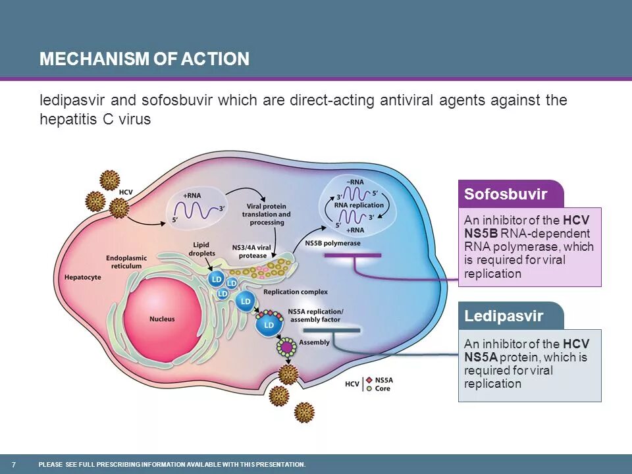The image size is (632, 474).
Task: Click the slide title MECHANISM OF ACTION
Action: [144, 59]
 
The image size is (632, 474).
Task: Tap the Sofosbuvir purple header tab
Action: [506, 194]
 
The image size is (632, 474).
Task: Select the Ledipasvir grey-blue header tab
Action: [504, 316]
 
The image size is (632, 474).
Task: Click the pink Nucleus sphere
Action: [161, 318]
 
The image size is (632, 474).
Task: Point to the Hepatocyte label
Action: [82, 277]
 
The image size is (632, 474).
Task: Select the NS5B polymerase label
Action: [332, 243]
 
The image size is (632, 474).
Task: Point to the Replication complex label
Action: [295, 292]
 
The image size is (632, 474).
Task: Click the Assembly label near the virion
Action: [314, 342]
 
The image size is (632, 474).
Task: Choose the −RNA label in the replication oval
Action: [357, 182]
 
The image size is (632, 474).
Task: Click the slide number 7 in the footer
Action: [14, 464]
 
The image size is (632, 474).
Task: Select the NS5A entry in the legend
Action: [383, 380]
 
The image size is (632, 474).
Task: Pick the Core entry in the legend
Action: [382, 388]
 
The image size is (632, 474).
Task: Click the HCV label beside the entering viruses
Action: [126, 192]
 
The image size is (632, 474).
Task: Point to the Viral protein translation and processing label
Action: [266, 215]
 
